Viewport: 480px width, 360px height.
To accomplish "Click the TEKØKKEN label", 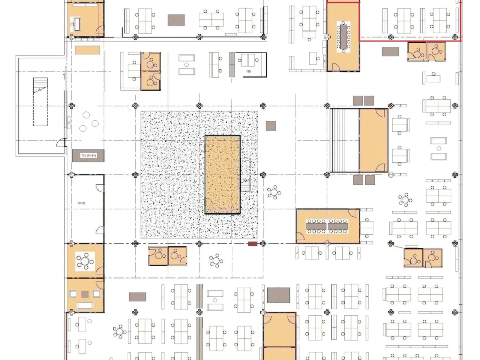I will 88,156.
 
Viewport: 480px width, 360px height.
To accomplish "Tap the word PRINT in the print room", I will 81,203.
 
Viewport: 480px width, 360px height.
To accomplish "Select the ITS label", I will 249,71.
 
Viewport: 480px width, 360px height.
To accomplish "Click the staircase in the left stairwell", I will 40,101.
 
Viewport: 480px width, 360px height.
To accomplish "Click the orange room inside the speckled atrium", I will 222,174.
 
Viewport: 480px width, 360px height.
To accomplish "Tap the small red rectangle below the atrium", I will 253,244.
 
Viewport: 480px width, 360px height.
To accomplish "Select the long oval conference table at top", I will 343,36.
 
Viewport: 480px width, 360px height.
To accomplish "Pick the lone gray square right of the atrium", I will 271,126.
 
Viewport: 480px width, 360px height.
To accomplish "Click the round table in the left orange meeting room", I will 85,261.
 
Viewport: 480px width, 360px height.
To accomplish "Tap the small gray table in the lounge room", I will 85,294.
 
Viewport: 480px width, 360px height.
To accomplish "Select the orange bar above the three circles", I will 87,50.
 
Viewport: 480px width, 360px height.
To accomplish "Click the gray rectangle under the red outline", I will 390,51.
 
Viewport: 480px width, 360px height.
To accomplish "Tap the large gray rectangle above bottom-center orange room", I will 279,295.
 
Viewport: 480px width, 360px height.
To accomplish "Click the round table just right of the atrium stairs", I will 274,192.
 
